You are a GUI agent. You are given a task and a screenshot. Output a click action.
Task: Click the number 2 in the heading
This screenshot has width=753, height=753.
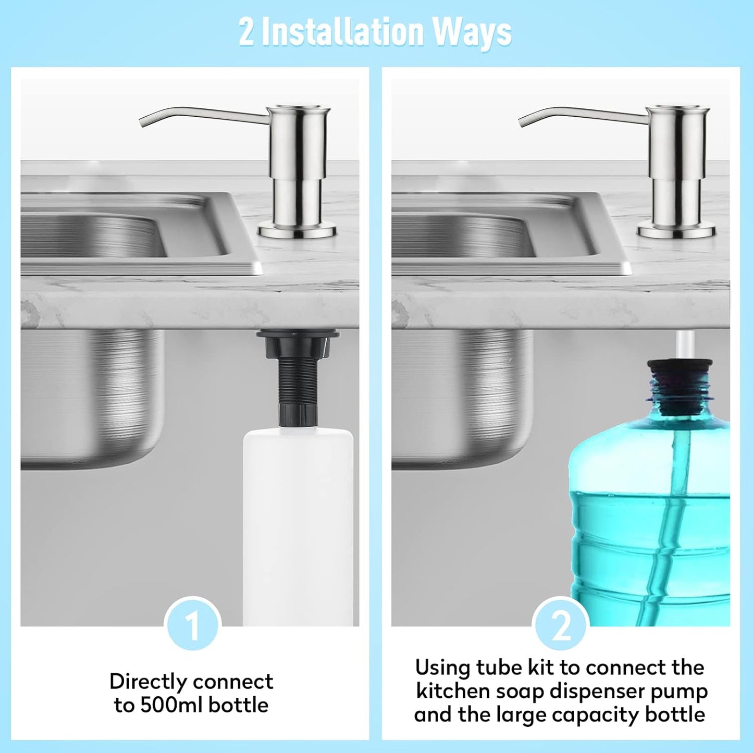point(246,32)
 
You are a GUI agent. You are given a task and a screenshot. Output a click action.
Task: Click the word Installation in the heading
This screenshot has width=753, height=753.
point(342,32)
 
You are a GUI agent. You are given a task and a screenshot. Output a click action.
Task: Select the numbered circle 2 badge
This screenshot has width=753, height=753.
point(561,626)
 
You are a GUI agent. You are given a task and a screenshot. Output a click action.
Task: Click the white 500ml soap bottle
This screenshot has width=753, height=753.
point(298,521)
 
